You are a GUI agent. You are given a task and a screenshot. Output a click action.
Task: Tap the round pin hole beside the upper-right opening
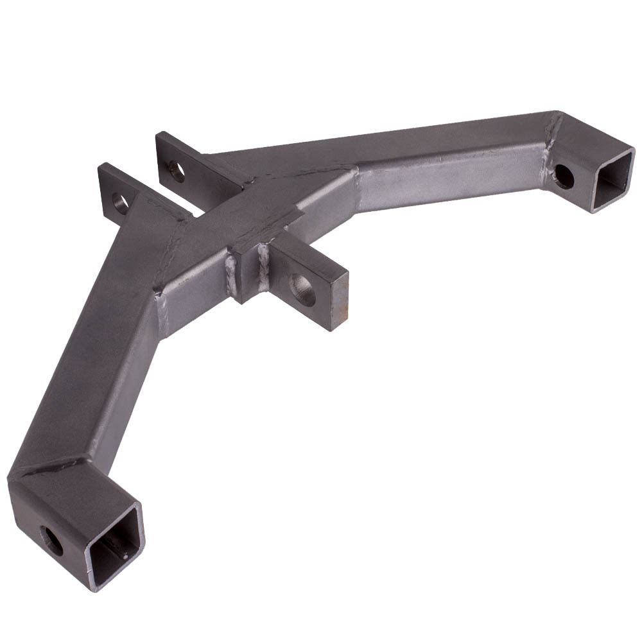[x=563, y=177]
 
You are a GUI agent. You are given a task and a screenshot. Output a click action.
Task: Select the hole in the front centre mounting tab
[x=302, y=290]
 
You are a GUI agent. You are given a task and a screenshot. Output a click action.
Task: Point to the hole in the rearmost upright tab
[x=176, y=171]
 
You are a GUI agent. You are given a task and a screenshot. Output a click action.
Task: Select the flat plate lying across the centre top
[x=257, y=212]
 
